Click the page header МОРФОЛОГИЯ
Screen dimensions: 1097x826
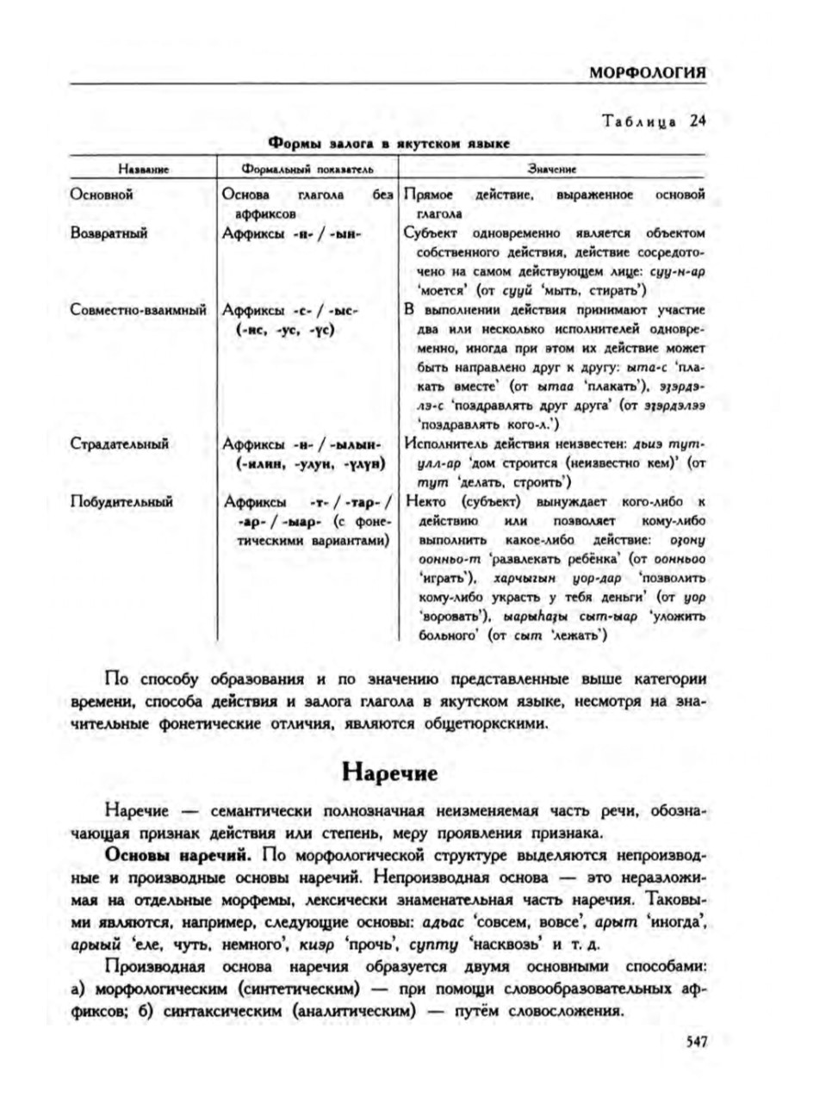(648, 72)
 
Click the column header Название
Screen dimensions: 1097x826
(142, 170)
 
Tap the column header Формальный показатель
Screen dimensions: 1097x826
(306, 170)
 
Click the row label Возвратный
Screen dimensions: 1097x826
(109, 233)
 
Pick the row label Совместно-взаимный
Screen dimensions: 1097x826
(138, 310)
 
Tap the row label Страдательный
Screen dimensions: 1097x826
(119, 444)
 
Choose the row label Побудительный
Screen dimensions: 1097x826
(121, 502)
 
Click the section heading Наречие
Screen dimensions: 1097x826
(389, 772)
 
